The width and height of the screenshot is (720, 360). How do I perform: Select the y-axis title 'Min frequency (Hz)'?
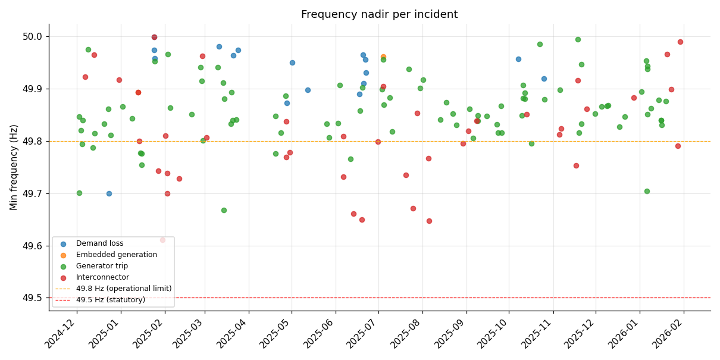(14, 167)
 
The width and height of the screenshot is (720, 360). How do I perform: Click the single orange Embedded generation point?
(383, 57)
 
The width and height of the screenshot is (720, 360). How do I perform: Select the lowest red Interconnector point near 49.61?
(162, 240)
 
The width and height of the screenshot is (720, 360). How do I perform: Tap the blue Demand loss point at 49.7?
(109, 193)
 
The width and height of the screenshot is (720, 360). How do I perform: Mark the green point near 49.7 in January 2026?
(647, 191)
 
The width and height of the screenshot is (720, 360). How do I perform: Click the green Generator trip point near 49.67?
(224, 210)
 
